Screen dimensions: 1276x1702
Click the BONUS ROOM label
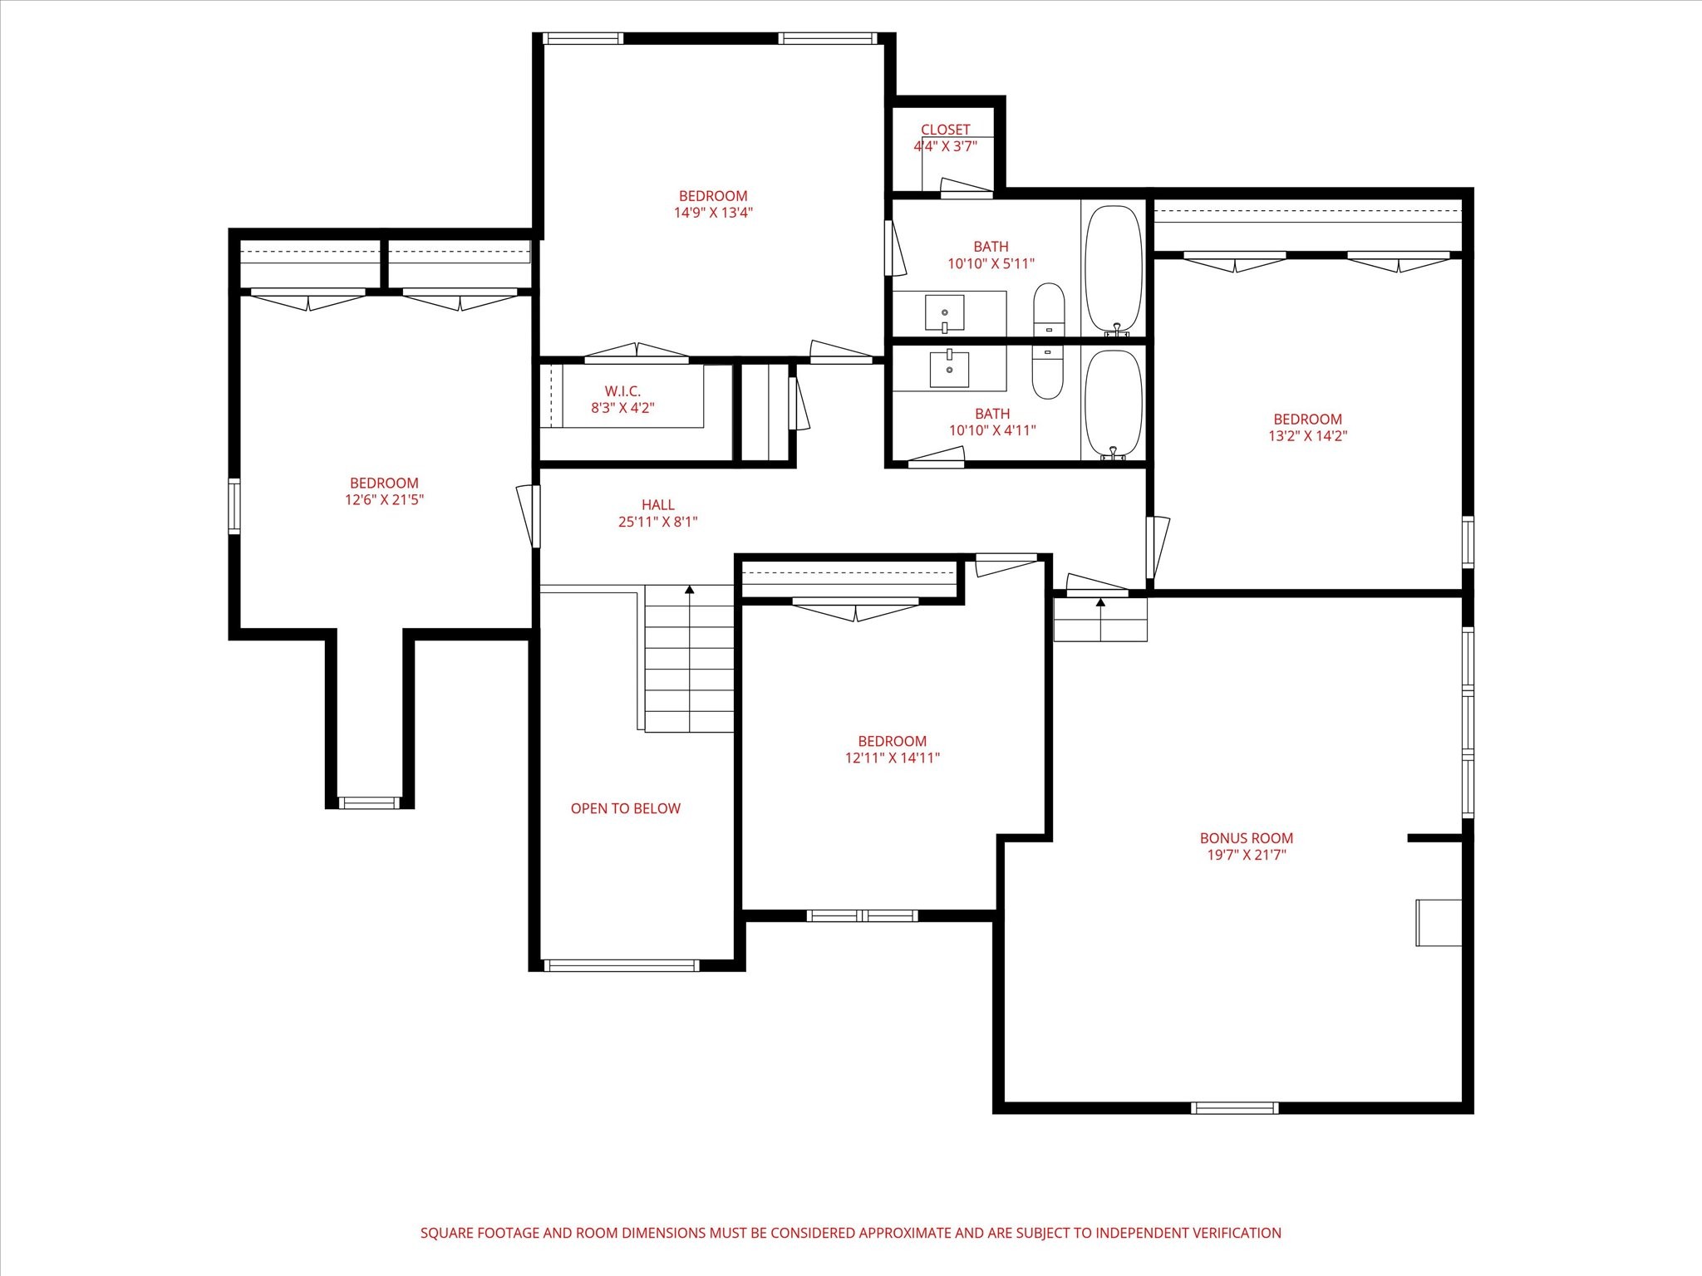pos(1246,838)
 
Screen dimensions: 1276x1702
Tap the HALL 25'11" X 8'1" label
pos(657,513)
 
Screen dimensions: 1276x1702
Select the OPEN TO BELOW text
pos(625,808)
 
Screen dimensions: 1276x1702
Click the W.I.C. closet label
pos(622,391)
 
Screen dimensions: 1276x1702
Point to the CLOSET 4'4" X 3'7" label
pos(945,138)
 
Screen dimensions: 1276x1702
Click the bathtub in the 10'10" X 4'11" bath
pos(1114,404)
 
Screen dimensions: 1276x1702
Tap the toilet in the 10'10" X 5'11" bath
pos(1049,309)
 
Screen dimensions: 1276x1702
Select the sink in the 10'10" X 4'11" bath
pos(949,369)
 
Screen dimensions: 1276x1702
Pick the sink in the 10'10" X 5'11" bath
pos(945,312)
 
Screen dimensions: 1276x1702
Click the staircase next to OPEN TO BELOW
pos(689,658)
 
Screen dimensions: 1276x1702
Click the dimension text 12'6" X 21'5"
pos(385,500)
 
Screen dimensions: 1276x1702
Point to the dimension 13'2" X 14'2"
pos(1307,436)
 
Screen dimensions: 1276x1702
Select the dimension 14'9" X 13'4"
pos(713,213)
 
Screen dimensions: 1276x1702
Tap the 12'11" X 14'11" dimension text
pos(892,758)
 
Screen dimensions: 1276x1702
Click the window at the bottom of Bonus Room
pos(1234,1107)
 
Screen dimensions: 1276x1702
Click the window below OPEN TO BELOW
pos(621,965)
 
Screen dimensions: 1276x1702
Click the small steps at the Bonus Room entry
pos(1100,620)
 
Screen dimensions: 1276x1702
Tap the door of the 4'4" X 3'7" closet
pos(966,188)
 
